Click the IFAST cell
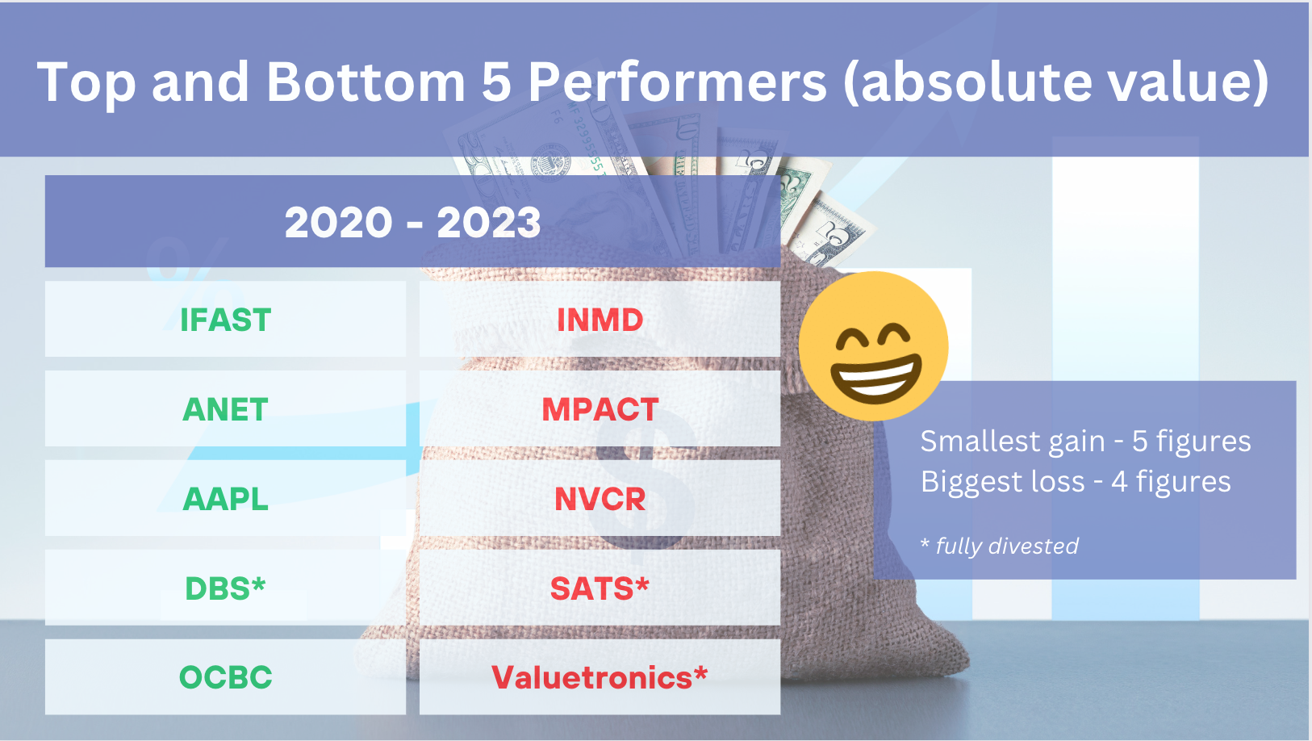(x=225, y=320)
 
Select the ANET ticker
(x=225, y=409)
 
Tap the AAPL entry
(x=225, y=499)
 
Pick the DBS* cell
(x=225, y=588)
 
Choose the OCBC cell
(x=225, y=677)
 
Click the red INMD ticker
(x=600, y=320)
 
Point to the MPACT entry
(x=600, y=409)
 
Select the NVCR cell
(x=600, y=499)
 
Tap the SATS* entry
(x=600, y=588)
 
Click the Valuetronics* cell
(x=600, y=677)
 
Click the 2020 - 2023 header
(x=412, y=221)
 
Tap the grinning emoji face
(x=873, y=345)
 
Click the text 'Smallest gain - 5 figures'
(x=1085, y=441)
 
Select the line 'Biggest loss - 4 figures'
(x=1076, y=482)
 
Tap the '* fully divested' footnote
(x=999, y=546)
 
